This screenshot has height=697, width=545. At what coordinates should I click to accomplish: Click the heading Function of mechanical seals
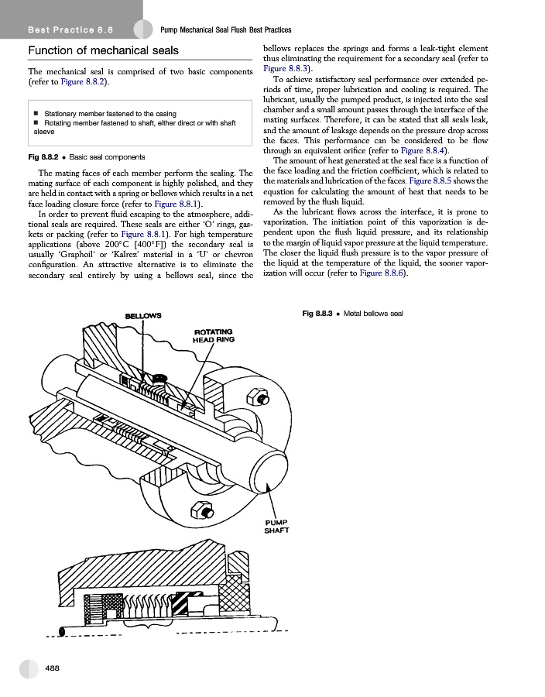[104, 51]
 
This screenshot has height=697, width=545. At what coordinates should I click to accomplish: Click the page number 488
[53, 668]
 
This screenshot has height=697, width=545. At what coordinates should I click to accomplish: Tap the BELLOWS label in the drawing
[143, 315]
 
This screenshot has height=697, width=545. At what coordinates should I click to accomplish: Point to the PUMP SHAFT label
[276, 526]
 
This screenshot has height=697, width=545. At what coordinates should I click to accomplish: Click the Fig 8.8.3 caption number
[318, 313]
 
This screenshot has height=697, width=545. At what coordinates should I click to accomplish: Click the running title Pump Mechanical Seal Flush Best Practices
[225, 30]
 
